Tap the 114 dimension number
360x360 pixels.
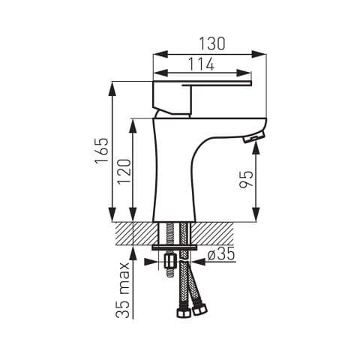click(201, 64)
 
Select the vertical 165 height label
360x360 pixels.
click(101, 150)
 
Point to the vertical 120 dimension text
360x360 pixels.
click(124, 172)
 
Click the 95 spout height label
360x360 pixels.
click(246, 179)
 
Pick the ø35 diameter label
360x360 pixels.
click(221, 254)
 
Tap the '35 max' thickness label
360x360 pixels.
click(123, 290)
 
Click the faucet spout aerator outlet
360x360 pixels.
click(253, 137)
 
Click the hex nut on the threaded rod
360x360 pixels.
click(170, 262)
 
